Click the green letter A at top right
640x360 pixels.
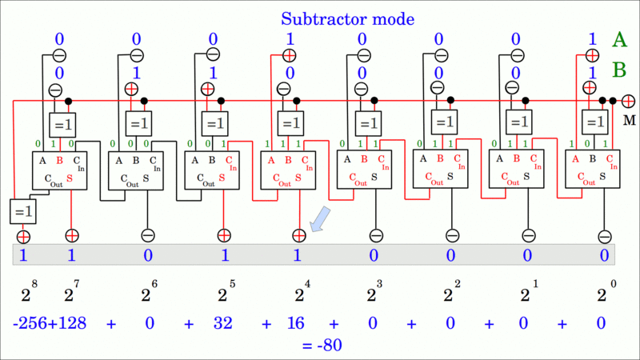coord(619,40)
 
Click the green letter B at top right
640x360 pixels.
coord(619,71)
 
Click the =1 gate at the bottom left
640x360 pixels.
coord(22,211)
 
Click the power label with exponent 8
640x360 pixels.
coord(27,294)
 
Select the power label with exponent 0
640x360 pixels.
coord(602,294)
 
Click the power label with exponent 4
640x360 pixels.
coord(299,294)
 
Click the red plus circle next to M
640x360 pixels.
coord(629,101)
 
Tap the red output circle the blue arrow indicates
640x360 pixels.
coord(299,236)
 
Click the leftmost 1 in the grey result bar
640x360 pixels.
coord(23,256)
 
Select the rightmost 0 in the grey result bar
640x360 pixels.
coord(604,256)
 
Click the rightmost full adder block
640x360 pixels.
coord(592,170)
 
